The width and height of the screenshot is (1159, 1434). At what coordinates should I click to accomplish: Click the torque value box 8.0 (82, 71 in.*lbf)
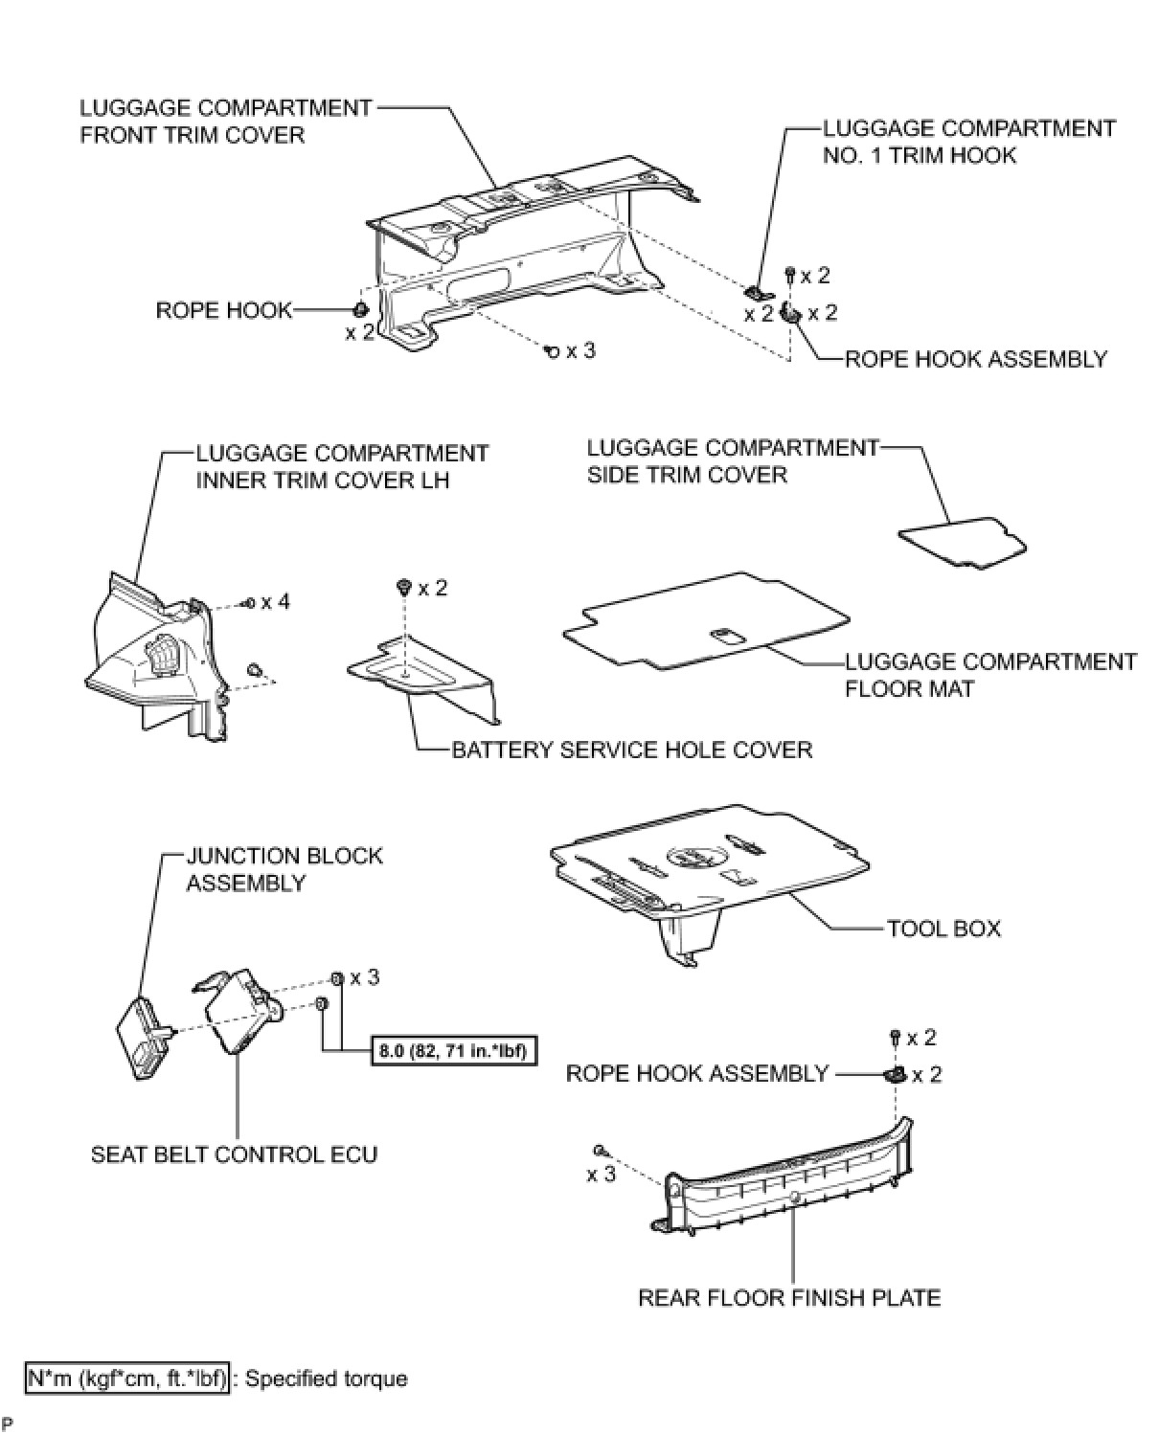coord(451,1051)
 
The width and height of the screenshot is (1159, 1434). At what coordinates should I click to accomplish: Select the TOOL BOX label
coord(943,929)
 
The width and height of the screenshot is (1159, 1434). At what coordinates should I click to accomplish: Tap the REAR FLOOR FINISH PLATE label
coord(789,1297)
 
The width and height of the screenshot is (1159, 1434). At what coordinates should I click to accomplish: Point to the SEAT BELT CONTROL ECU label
coord(234,1154)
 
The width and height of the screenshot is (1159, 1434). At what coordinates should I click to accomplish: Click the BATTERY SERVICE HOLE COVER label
coord(631,749)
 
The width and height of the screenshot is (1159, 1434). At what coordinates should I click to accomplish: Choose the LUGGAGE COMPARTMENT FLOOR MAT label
coord(989,675)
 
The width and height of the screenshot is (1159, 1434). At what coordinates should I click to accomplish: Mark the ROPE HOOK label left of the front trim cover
coord(223,310)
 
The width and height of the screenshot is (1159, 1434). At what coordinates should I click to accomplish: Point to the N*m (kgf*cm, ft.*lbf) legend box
coord(127,1378)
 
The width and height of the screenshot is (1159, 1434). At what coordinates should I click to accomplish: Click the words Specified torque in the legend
coord(327,1378)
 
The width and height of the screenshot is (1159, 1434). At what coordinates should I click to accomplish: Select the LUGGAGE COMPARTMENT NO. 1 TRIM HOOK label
coord(968,142)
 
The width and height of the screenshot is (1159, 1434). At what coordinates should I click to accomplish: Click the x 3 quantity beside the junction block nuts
coord(364,977)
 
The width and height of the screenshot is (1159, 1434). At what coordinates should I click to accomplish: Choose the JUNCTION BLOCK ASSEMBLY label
coord(284,868)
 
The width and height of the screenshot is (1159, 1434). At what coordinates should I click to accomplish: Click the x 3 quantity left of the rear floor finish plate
coord(601,1174)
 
